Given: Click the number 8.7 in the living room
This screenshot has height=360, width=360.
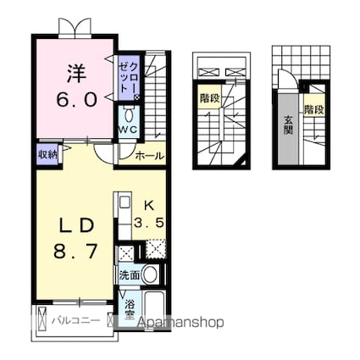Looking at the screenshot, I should point(74,252).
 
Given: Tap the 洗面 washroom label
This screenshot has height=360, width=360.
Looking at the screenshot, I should point(130,274).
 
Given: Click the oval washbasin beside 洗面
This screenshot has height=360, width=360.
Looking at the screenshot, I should point(150,274).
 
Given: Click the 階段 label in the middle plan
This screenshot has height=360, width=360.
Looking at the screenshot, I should point(210,97).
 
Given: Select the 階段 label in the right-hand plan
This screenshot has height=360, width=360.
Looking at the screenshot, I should point(315,110).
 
